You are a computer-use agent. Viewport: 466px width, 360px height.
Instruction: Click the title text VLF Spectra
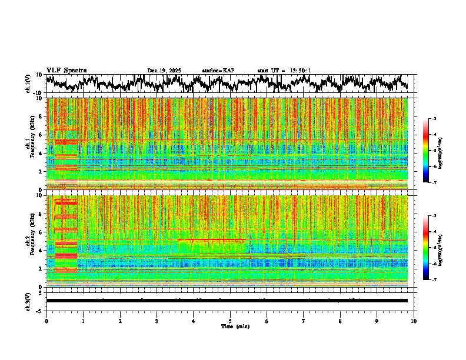pos(66,70)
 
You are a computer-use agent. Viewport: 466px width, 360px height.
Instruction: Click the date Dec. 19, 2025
pos(164,71)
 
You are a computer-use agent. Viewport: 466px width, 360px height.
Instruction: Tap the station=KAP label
pos(218,71)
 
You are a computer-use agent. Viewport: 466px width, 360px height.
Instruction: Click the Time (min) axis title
pos(235,326)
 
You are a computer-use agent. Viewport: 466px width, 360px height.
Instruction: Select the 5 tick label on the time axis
pos(230,321)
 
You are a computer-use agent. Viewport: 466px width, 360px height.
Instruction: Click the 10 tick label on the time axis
pos(414,321)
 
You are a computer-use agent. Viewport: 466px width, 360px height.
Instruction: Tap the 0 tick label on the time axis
pos(46,321)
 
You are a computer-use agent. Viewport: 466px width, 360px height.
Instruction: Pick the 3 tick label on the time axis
pos(157,321)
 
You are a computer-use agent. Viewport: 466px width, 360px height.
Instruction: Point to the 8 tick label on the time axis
pos(340,321)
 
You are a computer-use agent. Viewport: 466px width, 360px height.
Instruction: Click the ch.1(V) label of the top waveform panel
pos(28,84)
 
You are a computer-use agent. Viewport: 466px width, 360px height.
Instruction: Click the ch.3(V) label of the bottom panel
pos(28,301)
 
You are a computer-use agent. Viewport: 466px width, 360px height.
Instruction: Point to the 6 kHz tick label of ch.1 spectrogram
pos(40,135)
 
